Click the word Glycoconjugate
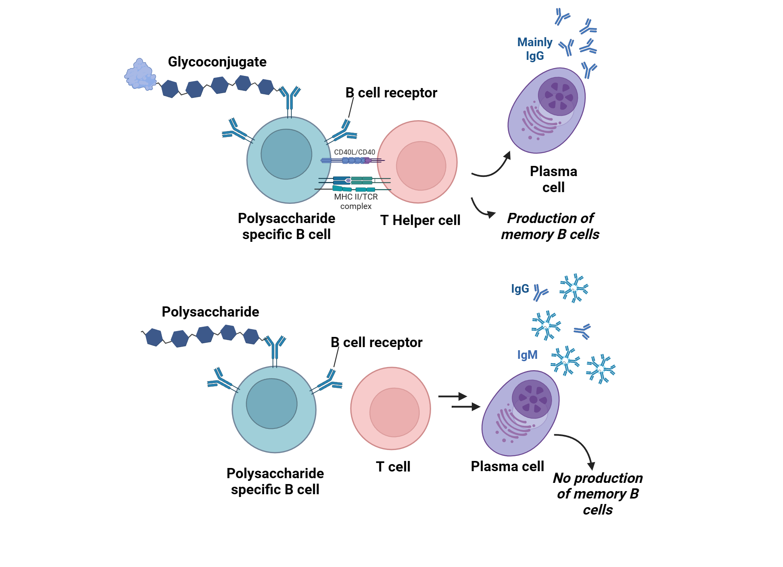click(217, 62)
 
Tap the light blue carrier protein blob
click(140, 75)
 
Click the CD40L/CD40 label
click(354, 152)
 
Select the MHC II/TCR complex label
click(355, 201)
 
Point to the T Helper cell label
click(420, 220)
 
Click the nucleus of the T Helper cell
click(421, 166)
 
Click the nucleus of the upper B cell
click(286, 154)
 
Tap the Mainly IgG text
click(534, 49)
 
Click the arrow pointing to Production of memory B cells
click(482, 209)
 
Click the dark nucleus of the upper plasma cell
click(558, 96)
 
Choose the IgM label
click(527, 355)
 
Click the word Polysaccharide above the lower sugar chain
click(210, 312)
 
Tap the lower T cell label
click(393, 466)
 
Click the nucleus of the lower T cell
click(394, 412)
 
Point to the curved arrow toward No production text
click(579, 446)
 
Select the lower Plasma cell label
click(507, 466)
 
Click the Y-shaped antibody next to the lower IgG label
click(540, 292)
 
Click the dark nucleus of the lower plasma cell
click(532, 399)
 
